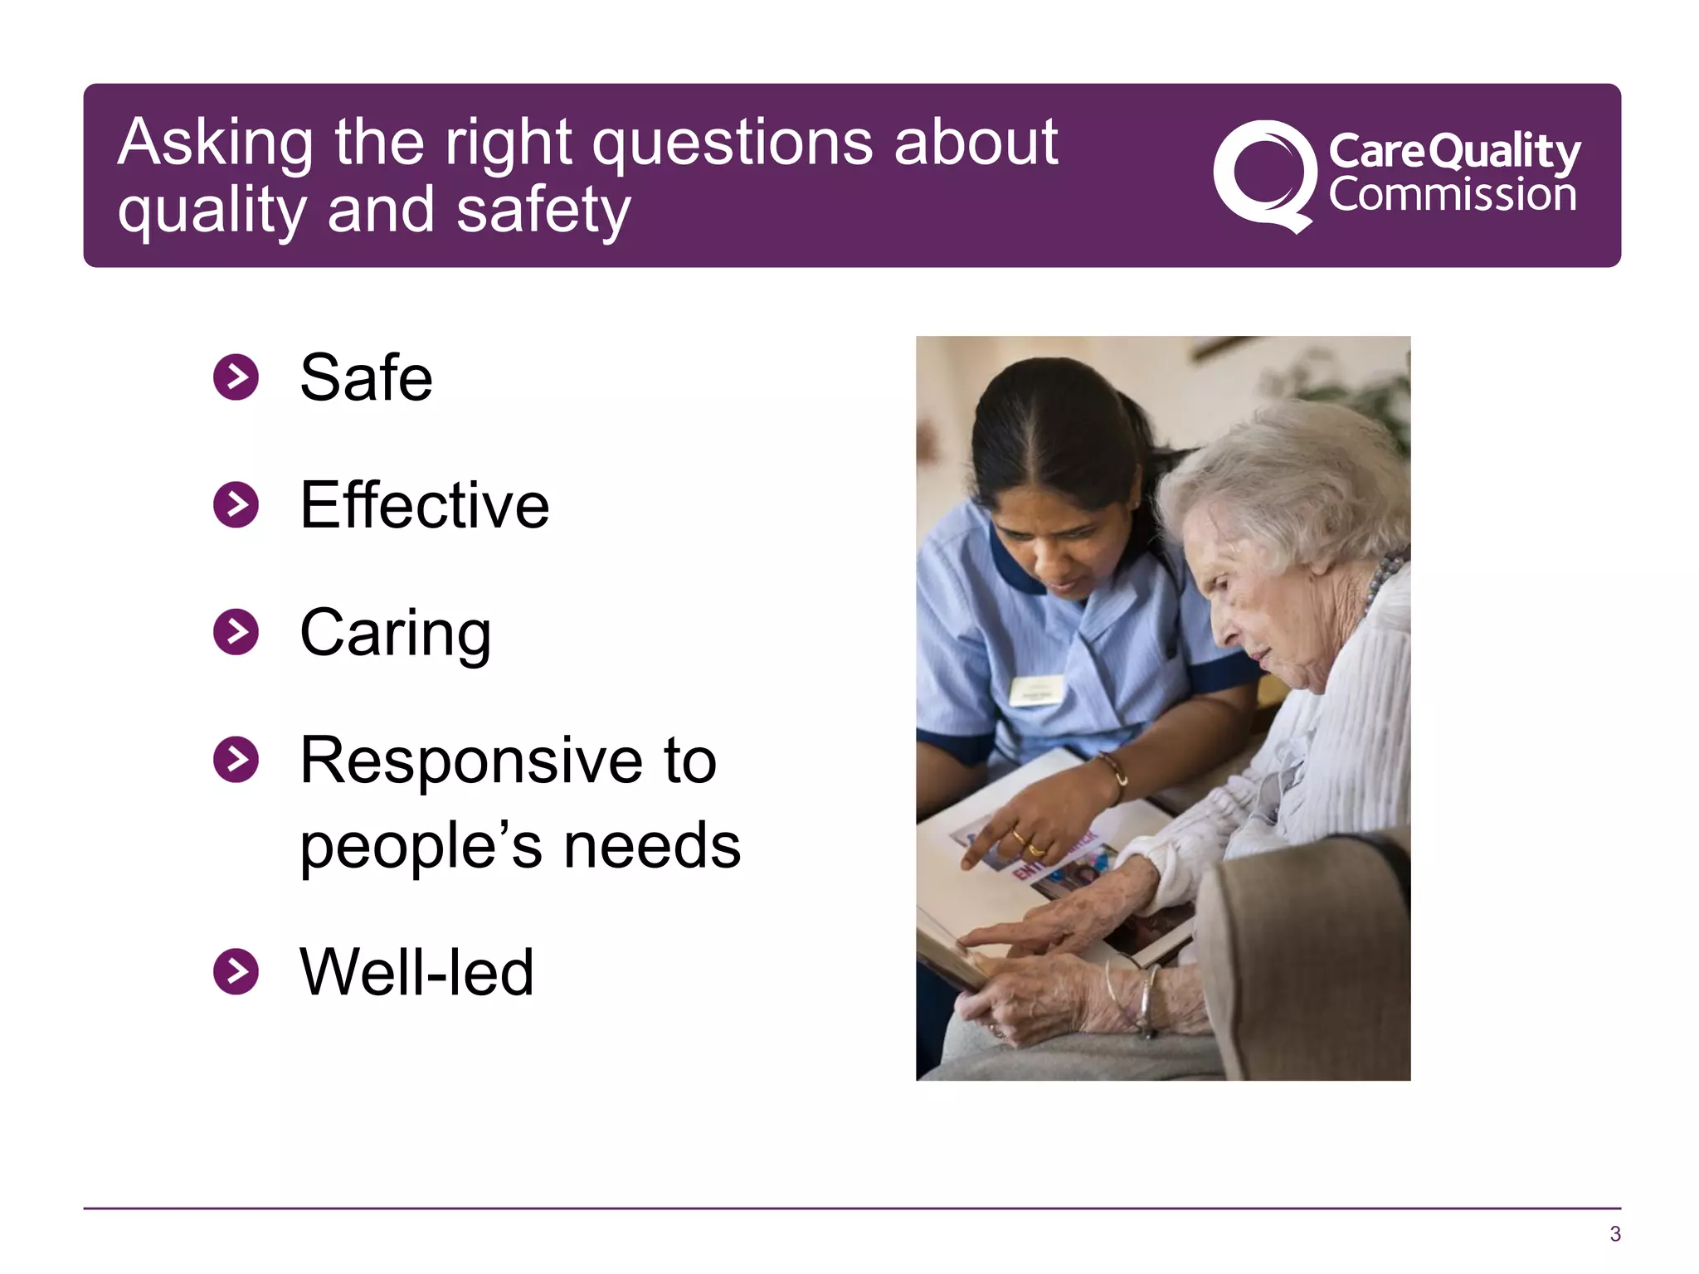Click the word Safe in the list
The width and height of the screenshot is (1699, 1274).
tap(366, 378)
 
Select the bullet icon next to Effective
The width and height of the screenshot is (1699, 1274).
tap(236, 504)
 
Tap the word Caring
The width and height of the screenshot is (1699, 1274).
tap(395, 634)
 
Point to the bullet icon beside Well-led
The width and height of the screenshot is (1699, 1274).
tap(236, 971)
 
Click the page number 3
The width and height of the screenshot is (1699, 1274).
tap(1614, 1233)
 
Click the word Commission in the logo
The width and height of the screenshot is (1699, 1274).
tap(1452, 196)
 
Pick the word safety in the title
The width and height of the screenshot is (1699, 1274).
tap(543, 211)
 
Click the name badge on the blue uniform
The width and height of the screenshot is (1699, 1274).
tap(1035, 690)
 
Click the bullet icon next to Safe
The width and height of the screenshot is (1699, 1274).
tap(236, 378)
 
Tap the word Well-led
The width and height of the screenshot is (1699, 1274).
tap(416, 972)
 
